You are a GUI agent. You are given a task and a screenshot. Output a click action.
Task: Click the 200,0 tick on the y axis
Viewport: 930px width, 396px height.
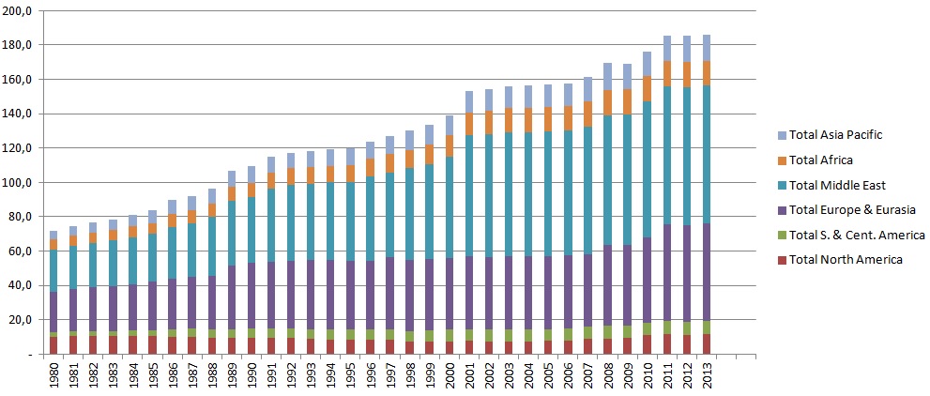point(20,10)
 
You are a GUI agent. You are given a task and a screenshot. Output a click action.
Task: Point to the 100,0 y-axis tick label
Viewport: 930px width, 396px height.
point(20,182)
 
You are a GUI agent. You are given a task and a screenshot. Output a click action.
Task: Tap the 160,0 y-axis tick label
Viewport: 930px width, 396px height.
point(20,79)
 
